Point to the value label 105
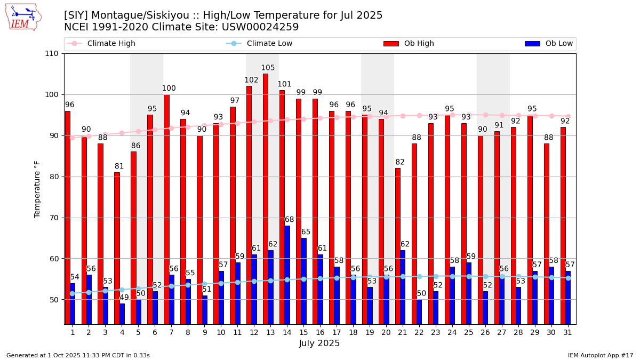tap(268, 68)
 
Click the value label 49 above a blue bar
tap(124, 298)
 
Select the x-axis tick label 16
tap(320, 332)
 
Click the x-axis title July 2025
tap(319, 343)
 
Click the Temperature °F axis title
tap(37, 189)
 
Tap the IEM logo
tap(23, 17)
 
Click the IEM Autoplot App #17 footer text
tap(600, 355)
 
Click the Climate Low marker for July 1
tap(72, 293)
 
